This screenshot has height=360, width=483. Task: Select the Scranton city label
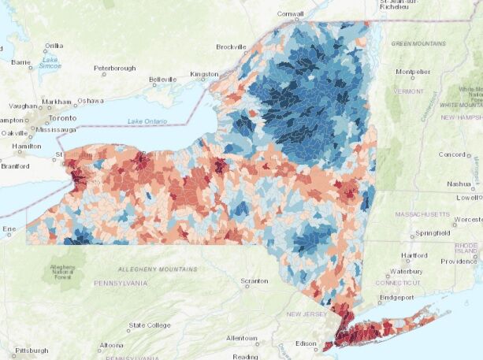click(x=259, y=280)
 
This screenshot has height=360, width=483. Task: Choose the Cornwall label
click(x=290, y=14)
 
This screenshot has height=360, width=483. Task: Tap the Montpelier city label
click(x=414, y=72)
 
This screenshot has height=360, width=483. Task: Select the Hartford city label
click(x=414, y=255)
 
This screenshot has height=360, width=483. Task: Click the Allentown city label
click(x=241, y=338)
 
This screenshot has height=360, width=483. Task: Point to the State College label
click(x=150, y=325)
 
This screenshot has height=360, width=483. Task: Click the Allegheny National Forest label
click(x=62, y=272)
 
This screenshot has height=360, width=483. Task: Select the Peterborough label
click(x=116, y=69)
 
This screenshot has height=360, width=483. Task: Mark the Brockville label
click(x=231, y=46)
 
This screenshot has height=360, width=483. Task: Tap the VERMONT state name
click(x=408, y=91)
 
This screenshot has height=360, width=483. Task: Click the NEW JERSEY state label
click(x=305, y=314)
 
